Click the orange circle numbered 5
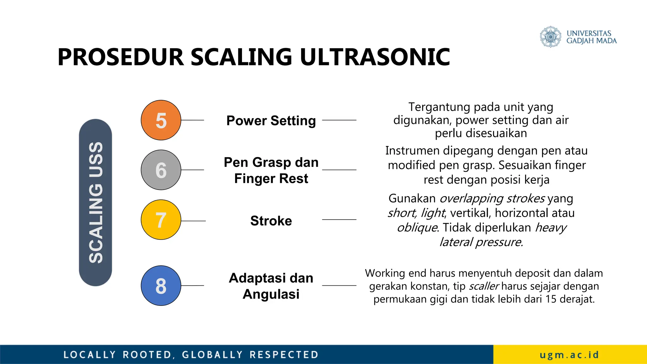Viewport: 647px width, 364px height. pyautogui.click(x=161, y=120)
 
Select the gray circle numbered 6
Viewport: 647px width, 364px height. pyautogui.click(x=161, y=170)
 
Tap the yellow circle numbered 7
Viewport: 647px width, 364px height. pyautogui.click(x=161, y=220)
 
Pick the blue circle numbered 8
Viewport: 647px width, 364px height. pyautogui.click(x=161, y=285)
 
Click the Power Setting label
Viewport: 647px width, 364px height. pyautogui.click(x=271, y=121)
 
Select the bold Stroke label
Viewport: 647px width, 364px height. pyautogui.click(x=271, y=221)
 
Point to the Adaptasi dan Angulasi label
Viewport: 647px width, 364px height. pyautogui.click(x=271, y=286)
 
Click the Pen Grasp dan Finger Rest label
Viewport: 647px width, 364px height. pyautogui.click(x=271, y=170)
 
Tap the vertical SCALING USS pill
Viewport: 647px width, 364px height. pyautogui.click(x=95, y=203)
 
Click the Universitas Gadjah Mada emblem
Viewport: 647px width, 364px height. pyautogui.click(x=551, y=37)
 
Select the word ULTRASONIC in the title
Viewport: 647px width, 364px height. pyautogui.click(x=375, y=57)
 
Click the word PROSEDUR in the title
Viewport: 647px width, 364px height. pyautogui.click(x=121, y=57)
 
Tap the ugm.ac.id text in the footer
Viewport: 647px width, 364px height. pyautogui.click(x=569, y=355)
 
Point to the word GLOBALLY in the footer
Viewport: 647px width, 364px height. pyautogui.click(x=212, y=355)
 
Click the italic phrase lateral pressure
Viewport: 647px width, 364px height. pyautogui.click(x=481, y=242)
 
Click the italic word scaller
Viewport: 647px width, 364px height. pyautogui.click(x=484, y=286)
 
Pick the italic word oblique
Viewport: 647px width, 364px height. pyautogui.click(x=417, y=227)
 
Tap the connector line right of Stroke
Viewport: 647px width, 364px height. pyautogui.click(x=339, y=220)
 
